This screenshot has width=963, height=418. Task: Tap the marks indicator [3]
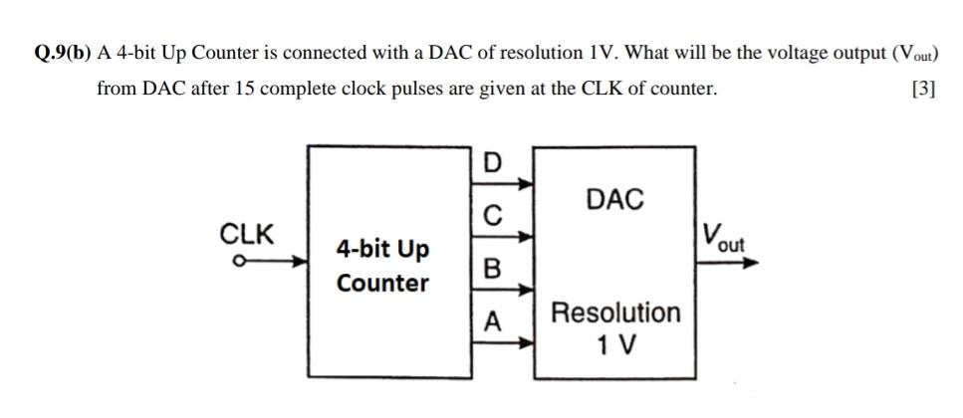click(923, 89)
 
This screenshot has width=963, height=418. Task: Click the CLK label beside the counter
click(246, 235)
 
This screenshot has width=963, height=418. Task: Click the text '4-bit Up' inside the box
click(383, 247)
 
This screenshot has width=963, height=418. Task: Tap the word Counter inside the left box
click(383, 283)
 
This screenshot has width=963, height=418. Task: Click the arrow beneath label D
click(505, 183)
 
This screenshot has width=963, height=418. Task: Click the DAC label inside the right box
click(614, 200)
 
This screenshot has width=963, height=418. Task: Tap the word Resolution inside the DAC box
click(615, 313)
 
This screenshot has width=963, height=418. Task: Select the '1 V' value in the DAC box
click(615, 345)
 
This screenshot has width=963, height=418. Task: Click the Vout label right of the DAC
click(723, 238)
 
